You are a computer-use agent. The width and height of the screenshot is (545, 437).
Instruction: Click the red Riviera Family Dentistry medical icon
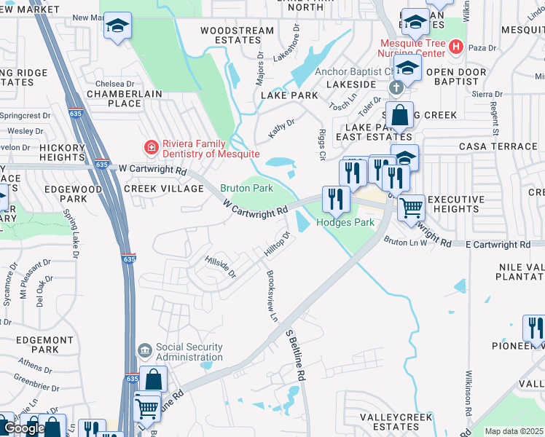tap(151, 148)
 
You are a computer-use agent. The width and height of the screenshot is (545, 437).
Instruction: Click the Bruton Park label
tap(247, 188)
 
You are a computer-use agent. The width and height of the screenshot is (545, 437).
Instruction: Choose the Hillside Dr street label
tap(221, 266)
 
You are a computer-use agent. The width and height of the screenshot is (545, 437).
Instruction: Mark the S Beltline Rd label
tap(294, 355)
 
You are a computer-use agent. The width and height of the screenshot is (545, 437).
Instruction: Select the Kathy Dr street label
tap(282, 128)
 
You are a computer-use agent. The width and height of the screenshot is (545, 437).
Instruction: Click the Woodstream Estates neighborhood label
tap(237, 36)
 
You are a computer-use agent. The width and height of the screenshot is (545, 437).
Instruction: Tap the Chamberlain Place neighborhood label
tap(114, 98)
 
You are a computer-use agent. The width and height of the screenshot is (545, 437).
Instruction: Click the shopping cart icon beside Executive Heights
tap(412, 208)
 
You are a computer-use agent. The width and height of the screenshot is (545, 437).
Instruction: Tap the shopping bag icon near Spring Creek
tap(399, 115)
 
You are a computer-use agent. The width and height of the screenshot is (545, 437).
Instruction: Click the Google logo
tap(25, 429)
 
